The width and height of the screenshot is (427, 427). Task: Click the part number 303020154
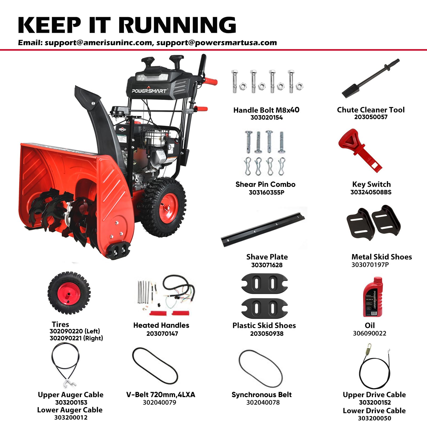point(266,117)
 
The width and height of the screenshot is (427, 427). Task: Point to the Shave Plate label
point(267,257)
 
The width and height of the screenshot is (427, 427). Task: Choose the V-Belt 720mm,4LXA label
point(161,394)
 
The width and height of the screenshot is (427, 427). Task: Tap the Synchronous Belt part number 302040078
point(263,402)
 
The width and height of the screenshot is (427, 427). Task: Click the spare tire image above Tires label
point(69,293)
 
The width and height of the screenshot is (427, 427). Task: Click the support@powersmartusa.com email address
point(216,43)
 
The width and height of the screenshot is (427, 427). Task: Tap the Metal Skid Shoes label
point(382,257)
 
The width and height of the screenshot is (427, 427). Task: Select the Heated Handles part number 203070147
point(162,334)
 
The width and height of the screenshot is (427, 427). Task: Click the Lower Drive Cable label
point(374,410)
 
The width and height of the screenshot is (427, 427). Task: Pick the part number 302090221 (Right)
point(76,338)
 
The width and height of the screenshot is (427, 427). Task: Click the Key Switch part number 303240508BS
point(371,192)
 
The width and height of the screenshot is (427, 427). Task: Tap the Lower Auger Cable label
point(70,410)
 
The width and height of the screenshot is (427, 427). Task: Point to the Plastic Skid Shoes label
point(264,326)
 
